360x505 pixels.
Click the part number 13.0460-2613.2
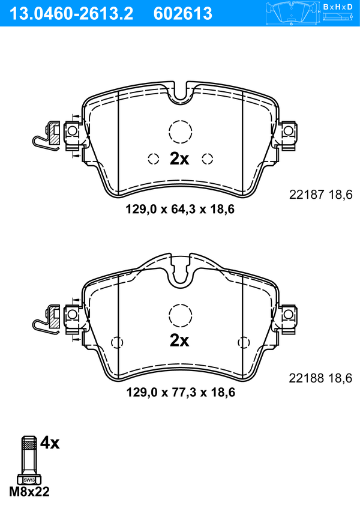click(x=71, y=14)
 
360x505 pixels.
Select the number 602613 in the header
click(x=183, y=14)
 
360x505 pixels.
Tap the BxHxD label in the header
click(x=337, y=7)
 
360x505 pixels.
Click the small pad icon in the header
click(x=291, y=13)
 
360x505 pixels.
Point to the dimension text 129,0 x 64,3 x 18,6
click(x=180, y=210)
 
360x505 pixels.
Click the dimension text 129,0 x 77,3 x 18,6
click(x=181, y=392)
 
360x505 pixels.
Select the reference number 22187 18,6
click(x=321, y=195)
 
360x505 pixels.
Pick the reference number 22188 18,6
click(x=320, y=378)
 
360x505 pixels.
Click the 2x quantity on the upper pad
click(x=179, y=159)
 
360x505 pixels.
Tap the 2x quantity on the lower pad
click(x=179, y=340)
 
